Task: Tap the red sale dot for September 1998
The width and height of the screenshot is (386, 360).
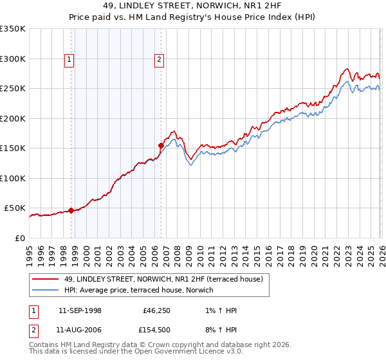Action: click(71, 210)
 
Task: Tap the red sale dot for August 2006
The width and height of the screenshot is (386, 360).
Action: click(161, 145)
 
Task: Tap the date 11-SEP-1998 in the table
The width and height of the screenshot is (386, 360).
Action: click(80, 310)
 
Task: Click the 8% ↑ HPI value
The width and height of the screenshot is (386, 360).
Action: click(221, 330)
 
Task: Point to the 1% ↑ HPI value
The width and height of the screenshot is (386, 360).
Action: click(221, 310)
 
